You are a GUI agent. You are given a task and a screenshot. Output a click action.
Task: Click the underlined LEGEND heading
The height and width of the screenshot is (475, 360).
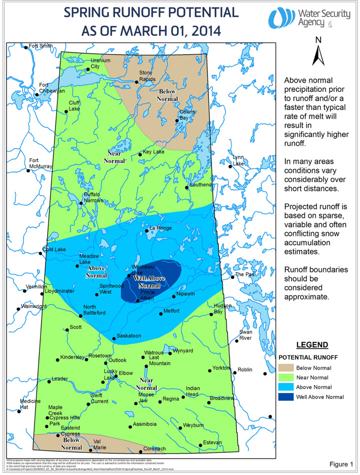pos(312,345)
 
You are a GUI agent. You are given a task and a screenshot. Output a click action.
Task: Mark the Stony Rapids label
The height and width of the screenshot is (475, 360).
pos(147,76)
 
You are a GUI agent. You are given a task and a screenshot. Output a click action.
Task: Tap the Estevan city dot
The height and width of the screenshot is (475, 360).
pos(200,444)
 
